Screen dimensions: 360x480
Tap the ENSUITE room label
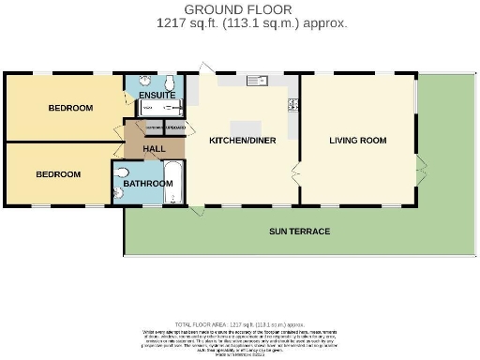point(156,95)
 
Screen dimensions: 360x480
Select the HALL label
point(155,149)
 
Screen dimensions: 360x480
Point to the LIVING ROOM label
point(357,141)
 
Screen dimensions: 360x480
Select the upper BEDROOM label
point(70,108)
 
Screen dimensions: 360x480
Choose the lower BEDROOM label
point(58,173)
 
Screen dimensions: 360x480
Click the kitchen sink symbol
point(256,82)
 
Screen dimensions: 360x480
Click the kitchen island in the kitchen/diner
point(247,126)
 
